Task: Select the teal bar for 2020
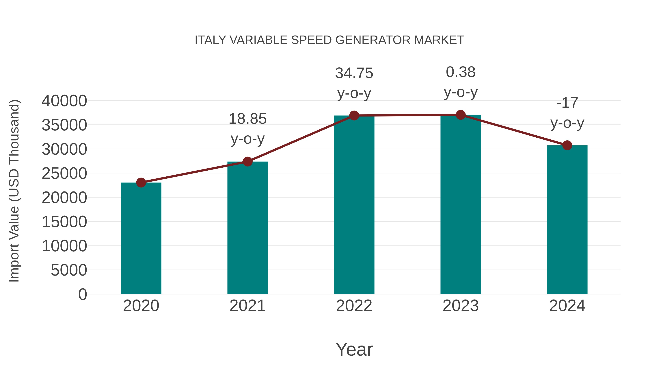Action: click(x=141, y=238)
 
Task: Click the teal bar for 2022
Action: click(x=354, y=205)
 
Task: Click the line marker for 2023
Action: click(x=461, y=115)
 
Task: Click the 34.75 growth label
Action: click(x=354, y=73)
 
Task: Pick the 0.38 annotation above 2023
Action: click(x=461, y=72)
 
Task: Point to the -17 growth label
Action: click(x=567, y=103)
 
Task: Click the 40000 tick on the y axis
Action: click(x=64, y=101)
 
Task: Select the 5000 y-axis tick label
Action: click(x=69, y=270)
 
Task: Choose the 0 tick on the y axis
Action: click(x=83, y=294)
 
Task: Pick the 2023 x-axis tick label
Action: click(x=461, y=306)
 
